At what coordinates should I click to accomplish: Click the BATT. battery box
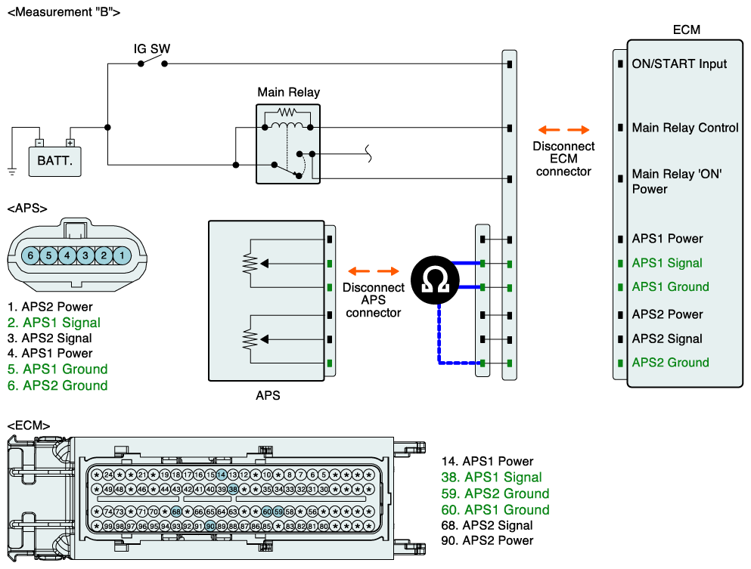coord(54,161)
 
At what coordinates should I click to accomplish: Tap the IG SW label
coord(152,49)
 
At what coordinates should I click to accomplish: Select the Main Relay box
coord(288,144)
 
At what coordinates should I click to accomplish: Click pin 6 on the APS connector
coord(31,255)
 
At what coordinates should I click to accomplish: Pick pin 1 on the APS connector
coord(122,255)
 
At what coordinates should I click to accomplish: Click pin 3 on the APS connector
coord(85,255)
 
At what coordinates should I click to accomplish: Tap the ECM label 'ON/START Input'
coord(679,64)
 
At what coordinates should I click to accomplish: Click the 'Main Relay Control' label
coord(685,128)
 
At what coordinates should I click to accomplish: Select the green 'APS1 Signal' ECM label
coord(667,263)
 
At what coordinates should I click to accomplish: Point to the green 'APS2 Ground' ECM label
coord(671,363)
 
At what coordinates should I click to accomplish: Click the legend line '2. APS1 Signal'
coord(54,323)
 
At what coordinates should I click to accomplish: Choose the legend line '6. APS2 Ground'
coord(57,385)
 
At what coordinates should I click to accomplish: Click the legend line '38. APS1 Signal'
coord(492,478)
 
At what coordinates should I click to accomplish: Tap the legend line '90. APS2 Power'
coord(487,541)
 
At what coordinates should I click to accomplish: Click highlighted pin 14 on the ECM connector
coord(222,475)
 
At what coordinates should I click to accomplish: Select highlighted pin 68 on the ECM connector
coord(176,512)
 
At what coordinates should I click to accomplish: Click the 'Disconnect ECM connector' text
coord(563,159)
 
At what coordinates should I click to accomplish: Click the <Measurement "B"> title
coord(64,12)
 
